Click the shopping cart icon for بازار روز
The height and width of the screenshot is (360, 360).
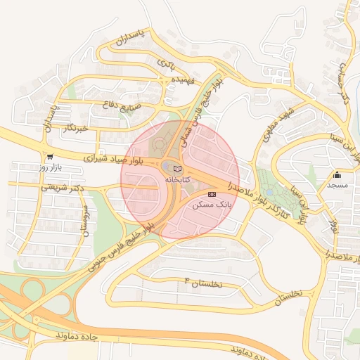click(x=49, y=156)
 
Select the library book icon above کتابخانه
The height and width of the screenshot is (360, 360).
click(x=177, y=169)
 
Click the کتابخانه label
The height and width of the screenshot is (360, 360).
click(x=177, y=181)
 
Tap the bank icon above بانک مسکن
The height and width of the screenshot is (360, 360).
click(x=212, y=193)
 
